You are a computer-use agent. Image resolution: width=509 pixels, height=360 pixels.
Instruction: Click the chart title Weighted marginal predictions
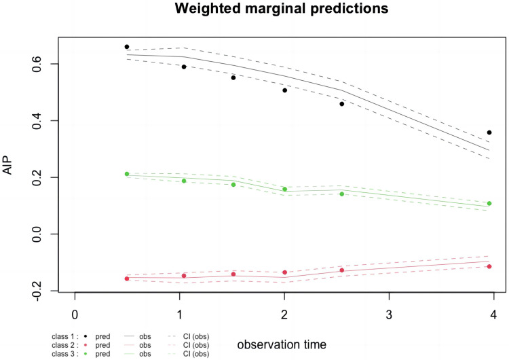(282, 8)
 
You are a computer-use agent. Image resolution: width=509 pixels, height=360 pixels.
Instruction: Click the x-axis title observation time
(282, 344)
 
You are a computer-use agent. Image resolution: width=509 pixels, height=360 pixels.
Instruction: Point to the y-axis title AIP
(7, 166)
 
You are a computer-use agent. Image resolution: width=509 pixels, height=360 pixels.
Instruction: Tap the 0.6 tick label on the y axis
(37, 64)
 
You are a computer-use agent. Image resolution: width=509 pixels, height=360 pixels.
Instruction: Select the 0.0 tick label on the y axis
(37, 234)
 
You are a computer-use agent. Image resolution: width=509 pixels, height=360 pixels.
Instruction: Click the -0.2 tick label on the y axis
(37, 290)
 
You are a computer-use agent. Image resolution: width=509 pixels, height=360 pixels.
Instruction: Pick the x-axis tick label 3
(389, 314)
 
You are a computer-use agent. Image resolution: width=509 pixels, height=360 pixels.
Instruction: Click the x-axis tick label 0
(75, 314)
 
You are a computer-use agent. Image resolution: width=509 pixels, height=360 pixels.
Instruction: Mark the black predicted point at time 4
(489, 132)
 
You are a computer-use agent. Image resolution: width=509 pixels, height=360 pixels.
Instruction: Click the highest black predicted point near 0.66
(127, 47)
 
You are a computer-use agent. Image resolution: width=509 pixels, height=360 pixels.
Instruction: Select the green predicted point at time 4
(489, 203)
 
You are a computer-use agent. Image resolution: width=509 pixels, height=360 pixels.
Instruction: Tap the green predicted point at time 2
(284, 189)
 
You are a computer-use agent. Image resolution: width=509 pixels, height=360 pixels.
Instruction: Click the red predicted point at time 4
(489, 266)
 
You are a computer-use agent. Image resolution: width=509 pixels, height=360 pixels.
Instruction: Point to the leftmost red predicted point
(127, 278)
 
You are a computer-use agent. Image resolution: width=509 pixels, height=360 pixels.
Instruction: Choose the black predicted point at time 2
(284, 90)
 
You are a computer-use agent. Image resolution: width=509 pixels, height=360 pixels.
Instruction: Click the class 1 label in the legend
(65, 337)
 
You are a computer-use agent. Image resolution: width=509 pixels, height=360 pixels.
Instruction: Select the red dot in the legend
(86, 345)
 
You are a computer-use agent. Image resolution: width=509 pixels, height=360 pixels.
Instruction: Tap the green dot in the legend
(86, 354)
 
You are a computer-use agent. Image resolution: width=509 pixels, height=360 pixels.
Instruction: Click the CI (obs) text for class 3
(196, 354)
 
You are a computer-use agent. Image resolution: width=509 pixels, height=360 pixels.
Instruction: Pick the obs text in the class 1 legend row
(145, 337)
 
